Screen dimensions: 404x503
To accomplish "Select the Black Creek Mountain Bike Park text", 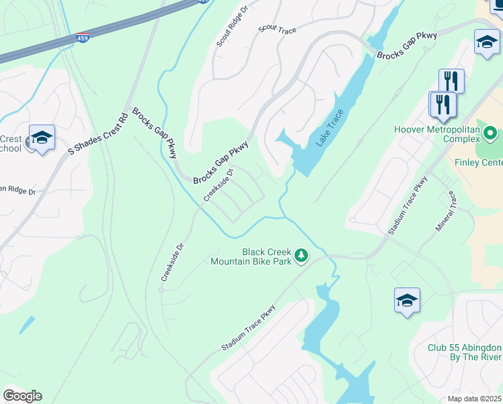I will point(251,256).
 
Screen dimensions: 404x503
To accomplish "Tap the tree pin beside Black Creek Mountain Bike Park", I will point(302,256).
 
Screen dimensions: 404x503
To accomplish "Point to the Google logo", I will point(22,396).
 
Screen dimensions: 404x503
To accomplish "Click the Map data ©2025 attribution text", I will point(474,398).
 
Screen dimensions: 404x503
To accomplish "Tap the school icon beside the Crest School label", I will point(42,138).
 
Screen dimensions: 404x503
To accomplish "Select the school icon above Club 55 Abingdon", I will point(407,300).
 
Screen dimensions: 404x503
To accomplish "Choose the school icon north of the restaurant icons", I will point(486,42).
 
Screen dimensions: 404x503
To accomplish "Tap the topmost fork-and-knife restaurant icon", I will point(451,81).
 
